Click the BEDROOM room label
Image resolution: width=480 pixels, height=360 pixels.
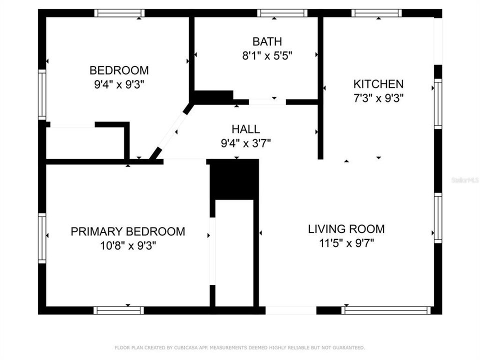[x=119, y=70]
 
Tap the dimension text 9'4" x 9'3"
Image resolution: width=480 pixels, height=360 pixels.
[x=119, y=84]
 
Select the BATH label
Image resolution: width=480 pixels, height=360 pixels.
[x=267, y=41]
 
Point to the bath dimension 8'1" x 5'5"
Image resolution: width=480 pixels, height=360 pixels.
[x=267, y=55]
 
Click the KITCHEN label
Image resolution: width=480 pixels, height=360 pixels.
[x=378, y=84]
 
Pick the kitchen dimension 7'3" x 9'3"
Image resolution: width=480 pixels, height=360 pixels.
[x=378, y=98]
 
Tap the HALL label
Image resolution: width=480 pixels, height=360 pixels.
[x=245, y=130]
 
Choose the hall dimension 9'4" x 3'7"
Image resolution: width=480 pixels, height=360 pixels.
[x=245, y=144]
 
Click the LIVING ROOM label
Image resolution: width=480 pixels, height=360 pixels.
[x=346, y=229]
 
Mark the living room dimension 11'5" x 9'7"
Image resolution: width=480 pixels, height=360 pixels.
[x=346, y=243]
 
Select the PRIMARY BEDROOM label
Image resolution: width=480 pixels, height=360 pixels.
[x=128, y=231]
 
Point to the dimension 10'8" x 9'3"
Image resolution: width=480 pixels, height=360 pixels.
[x=128, y=245]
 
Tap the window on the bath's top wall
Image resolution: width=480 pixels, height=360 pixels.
[x=282, y=13]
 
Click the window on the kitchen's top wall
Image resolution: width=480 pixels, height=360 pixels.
[x=376, y=13]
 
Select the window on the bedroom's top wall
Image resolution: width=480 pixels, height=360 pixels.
[x=119, y=13]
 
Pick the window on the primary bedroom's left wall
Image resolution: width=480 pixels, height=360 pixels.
[x=42, y=238]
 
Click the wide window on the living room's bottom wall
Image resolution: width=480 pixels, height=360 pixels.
[x=386, y=310]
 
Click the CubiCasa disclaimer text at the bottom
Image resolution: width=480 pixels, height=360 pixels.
[x=240, y=347]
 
